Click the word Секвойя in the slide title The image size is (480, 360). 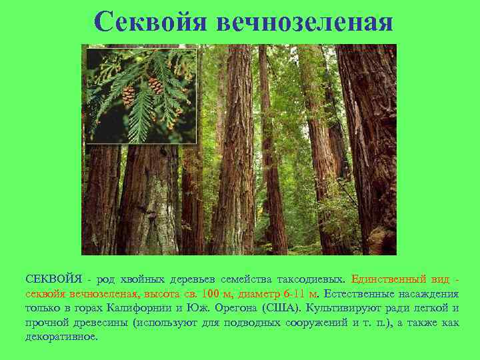coord(151,21)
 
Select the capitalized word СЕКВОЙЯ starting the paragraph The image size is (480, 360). coord(54,279)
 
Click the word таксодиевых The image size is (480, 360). coord(310,279)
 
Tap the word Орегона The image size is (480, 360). coord(233,308)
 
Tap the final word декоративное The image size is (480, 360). coord(62,337)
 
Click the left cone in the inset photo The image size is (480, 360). coord(128,95)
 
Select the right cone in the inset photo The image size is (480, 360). coord(155,85)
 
